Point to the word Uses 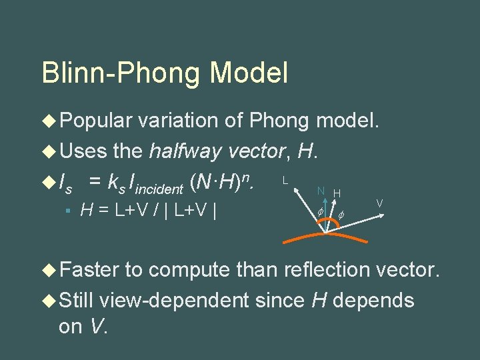84,151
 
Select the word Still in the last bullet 77,301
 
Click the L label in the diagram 285,180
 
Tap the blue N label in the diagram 321,191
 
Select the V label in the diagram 379,203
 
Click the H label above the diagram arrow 337,193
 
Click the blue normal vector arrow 323,217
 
